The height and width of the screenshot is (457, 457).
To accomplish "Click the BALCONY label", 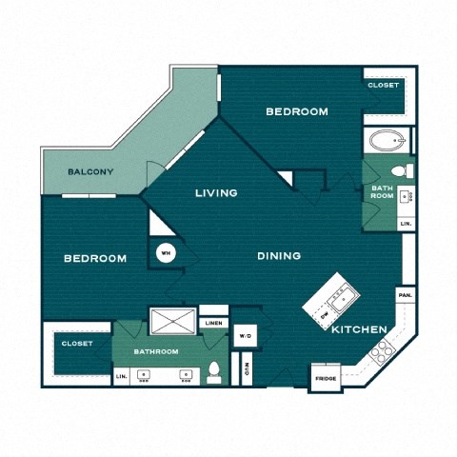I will click(x=91, y=172).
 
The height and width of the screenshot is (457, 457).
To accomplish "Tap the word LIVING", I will click(x=216, y=193).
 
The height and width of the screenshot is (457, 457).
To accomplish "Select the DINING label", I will click(x=279, y=255).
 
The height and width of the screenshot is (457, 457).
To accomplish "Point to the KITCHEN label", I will click(x=359, y=329).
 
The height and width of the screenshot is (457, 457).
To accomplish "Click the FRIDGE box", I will click(x=326, y=378).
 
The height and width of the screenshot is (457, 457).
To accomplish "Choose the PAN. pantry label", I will click(x=405, y=295).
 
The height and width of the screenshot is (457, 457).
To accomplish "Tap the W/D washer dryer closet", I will click(x=245, y=335).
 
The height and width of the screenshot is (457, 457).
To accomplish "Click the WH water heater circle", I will click(x=165, y=253).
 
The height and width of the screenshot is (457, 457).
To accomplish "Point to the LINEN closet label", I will click(x=214, y=324).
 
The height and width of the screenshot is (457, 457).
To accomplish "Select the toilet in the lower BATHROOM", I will click(x=214, y=372).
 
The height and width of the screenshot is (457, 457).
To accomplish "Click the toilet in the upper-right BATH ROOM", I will click(x=400, y=171).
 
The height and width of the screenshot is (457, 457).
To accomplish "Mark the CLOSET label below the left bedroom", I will click(x=76, y=344).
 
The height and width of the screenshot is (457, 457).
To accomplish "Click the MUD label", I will click(x=246, y=368).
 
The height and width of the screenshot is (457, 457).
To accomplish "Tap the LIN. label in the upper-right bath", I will click(x=405, y=223).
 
